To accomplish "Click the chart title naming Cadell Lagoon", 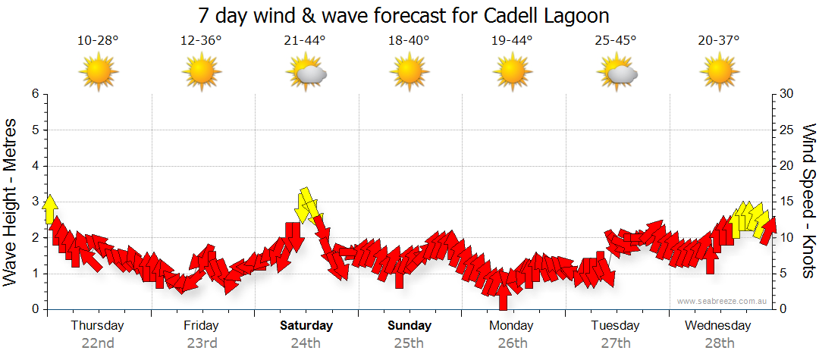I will coord(403,16).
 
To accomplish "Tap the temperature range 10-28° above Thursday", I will coord(98,40).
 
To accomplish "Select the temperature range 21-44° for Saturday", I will coord(305,40).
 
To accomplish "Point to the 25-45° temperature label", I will coord(616,40).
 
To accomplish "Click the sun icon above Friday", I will coord(202,73).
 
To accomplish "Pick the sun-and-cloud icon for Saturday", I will coord(306,74).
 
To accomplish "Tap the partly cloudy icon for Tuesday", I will coord(617,74).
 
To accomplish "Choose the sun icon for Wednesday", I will coord(719,73).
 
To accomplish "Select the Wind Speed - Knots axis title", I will coord(808,201).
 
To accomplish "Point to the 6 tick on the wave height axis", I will coord(35,94).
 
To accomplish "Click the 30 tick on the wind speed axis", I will coord(786,94).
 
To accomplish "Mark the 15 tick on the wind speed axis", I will coord(786,202).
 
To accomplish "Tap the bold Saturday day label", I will coord(306,326).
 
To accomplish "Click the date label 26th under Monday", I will coord(513,343).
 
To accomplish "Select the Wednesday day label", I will coord(718,326).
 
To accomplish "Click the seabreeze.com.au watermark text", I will coord(723,301).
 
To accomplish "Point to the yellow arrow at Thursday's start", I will coord(50,209).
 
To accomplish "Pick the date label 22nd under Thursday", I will coord(98,343).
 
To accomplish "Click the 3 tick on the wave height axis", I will coord(35,202).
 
